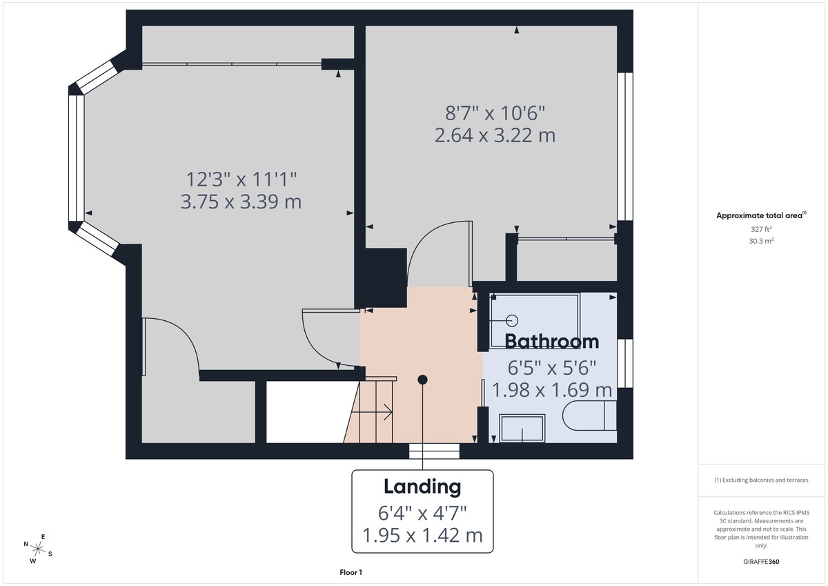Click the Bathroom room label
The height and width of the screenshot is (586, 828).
551,341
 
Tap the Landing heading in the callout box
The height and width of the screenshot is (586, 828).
422,487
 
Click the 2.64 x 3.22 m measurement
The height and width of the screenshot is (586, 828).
495,135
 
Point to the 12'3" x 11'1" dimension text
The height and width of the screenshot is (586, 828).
241,179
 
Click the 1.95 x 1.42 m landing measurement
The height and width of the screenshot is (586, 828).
422,535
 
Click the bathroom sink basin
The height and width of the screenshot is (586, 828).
522,429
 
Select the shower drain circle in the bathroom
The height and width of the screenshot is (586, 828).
512,320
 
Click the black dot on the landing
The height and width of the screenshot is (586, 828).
423,379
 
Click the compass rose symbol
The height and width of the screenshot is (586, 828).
39,549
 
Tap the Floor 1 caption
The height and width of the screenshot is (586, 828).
351,572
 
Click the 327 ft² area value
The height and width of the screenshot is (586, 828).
761,228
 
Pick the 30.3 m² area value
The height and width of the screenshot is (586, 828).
761,241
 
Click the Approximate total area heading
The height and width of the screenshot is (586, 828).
760,215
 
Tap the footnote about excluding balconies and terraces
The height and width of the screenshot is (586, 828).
761,480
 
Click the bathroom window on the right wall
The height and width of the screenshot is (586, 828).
625,363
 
